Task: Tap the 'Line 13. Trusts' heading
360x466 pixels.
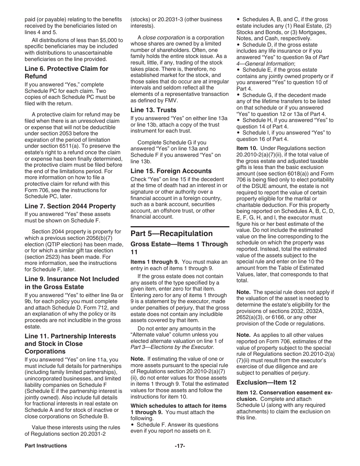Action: click(153, 110)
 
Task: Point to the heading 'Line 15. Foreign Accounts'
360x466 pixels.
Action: click(171, 171)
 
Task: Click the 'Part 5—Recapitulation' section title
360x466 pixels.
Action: click(172, 233)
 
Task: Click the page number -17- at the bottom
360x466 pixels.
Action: click(180, 446)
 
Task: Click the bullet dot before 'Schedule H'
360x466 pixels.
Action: click(238, 120)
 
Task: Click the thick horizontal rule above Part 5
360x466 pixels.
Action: click(180, 227)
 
